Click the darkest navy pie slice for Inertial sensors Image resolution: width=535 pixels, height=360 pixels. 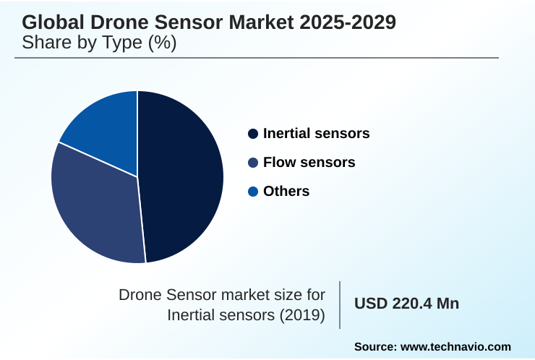click(x=181, y=173)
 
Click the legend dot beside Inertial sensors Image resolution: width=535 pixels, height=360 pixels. click(x=252, y=134)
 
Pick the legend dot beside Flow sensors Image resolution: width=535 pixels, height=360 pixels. click(x=252, y=163)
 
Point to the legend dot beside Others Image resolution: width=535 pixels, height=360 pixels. click(x=252, y=192)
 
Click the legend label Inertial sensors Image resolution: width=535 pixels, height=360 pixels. click(x=316, y=134)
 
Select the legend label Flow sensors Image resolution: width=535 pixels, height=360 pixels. click(x=309, y=163)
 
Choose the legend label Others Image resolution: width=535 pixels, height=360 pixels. click(x=286, y=192)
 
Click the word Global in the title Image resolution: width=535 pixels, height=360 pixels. click(x=50, y=22)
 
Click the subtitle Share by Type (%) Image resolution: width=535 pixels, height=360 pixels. click(x=99, y=43)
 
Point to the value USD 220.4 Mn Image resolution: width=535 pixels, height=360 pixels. click(x=406, y=304)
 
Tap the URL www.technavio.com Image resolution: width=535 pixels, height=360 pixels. click(x=455, y=346)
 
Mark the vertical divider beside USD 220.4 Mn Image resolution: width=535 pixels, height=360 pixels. click(x=340, y=304)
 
